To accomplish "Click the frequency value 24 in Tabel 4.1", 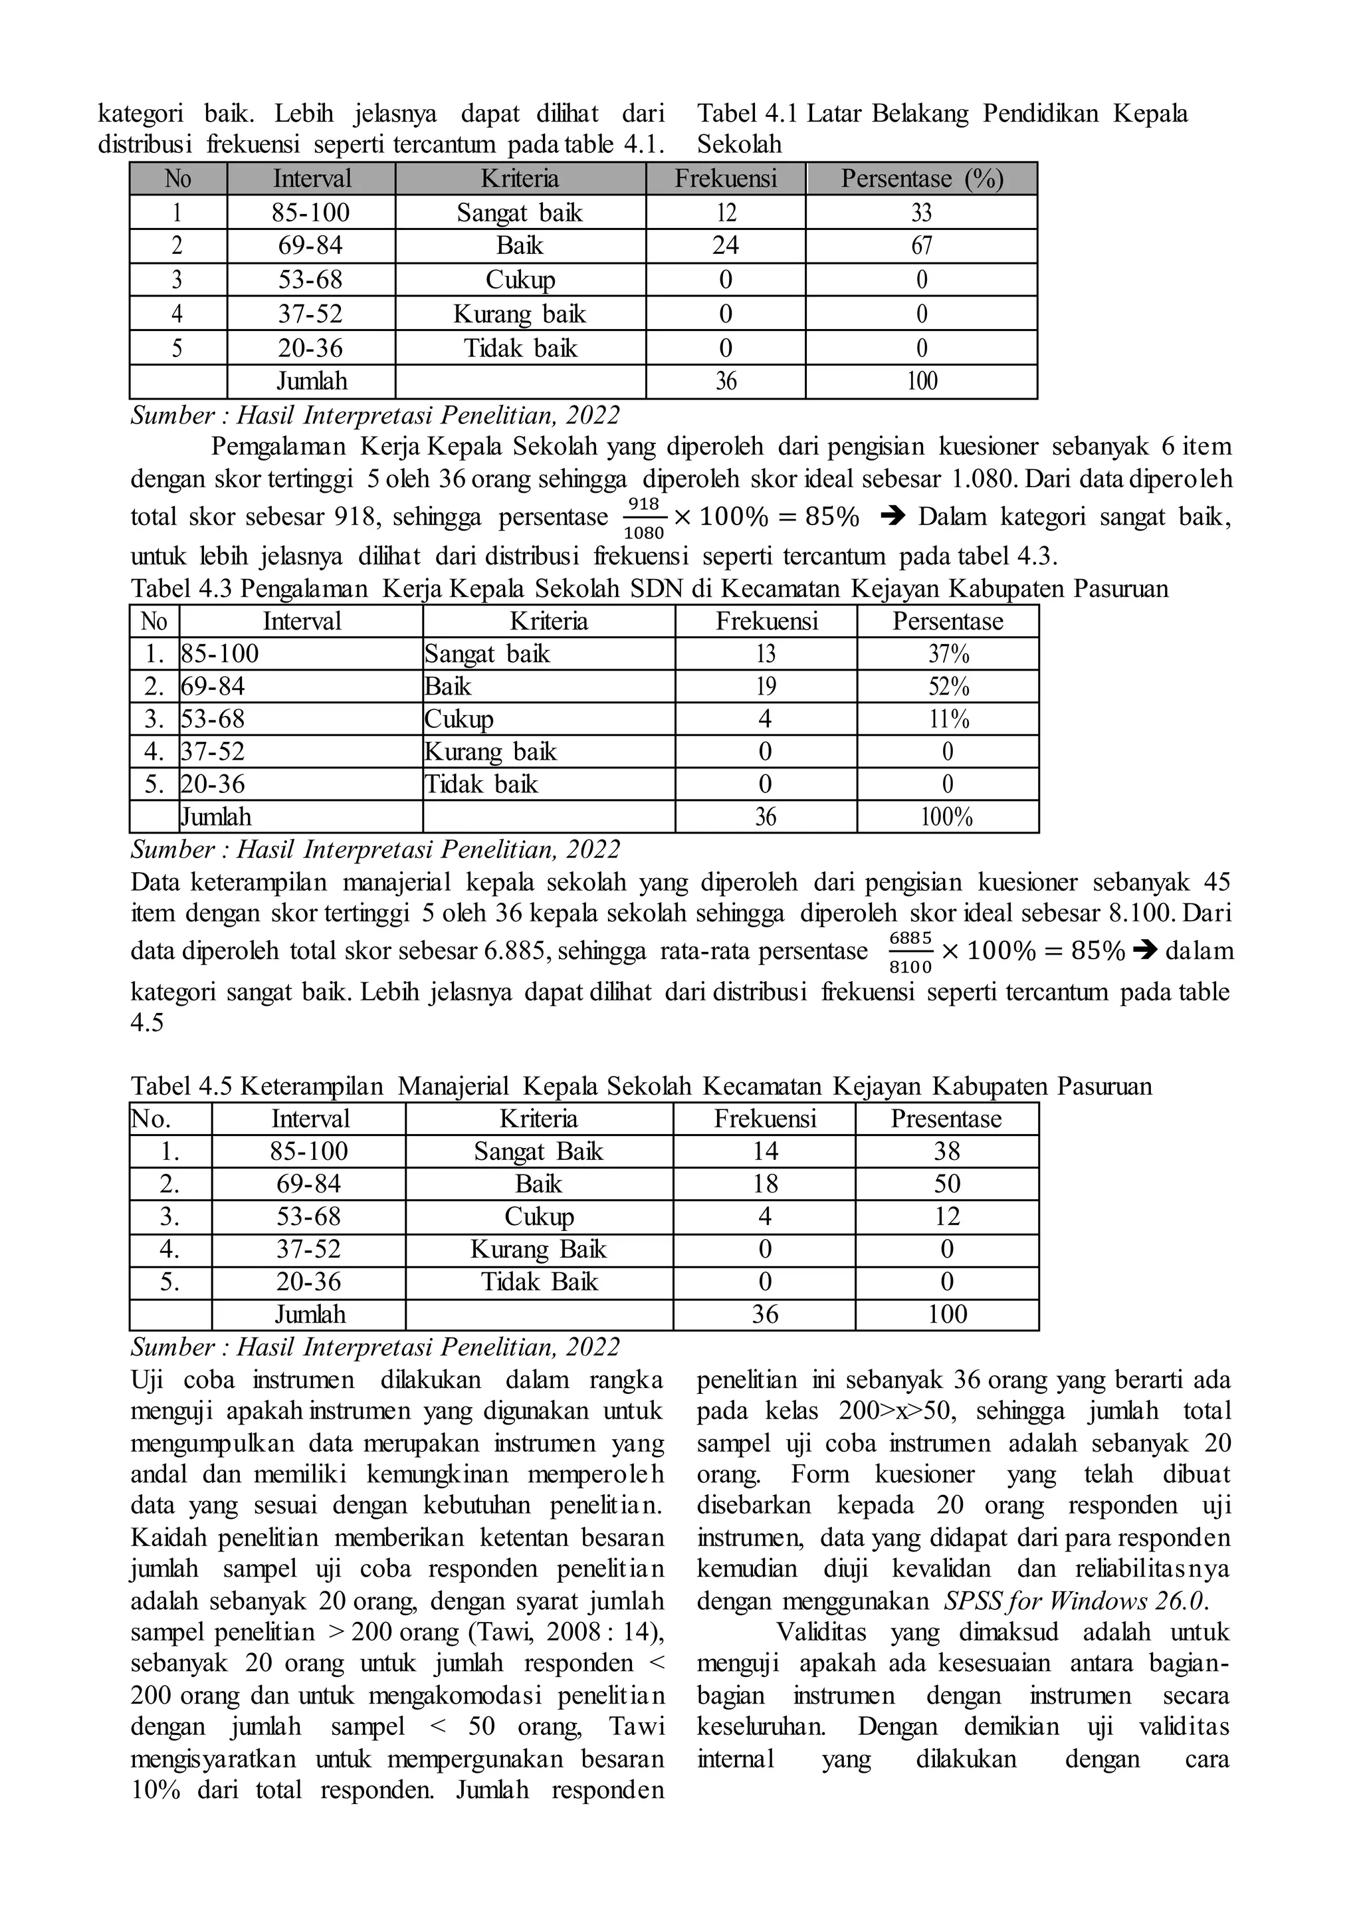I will coord(726,246).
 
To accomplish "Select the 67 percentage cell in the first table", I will coord(921,246).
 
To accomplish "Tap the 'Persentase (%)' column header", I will coord(922,179).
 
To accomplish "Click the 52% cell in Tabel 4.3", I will coord(948,687).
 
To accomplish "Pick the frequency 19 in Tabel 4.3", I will coord(765,687).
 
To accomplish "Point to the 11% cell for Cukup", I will coord(948,719).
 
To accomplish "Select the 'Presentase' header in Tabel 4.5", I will coord(946,1119).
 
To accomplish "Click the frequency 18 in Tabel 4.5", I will coord(765,1184).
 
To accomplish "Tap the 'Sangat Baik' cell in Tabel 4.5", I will coord(538,1151).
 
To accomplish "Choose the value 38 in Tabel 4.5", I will coord(947,1151).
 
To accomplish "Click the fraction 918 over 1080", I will coord(645,517).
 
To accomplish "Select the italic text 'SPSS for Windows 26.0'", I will coord(1075,1601).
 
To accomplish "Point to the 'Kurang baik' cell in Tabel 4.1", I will coord(520,314).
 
